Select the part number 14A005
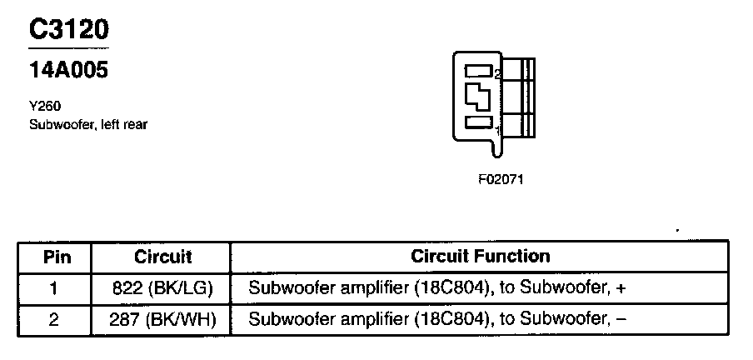(x=69, y=71)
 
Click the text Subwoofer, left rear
(x=87, y=125)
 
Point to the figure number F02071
(x=501, y=178)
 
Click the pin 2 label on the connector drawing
(x=497, y=75)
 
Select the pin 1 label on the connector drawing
(x=497, y=130)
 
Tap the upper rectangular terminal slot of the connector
(x=478, y=71)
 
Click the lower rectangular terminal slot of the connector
(x=478, y=123)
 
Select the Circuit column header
(x=162, y=257)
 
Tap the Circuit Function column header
(x=480, y=257)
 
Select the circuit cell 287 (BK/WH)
(x=162, y=319)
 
